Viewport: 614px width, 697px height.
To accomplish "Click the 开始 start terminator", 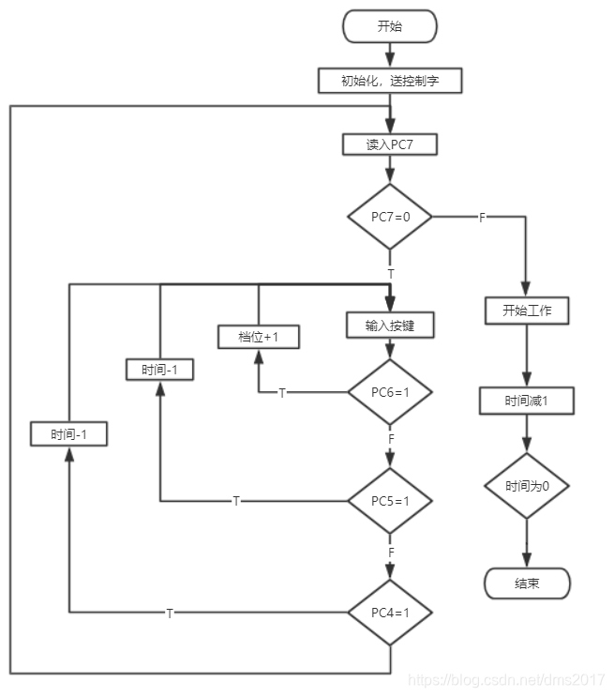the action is point(390,26).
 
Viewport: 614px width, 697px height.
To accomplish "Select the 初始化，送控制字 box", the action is point(390,81).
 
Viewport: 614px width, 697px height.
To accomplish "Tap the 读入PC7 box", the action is point(390,144).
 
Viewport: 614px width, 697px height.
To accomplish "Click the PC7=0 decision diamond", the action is point(390,217).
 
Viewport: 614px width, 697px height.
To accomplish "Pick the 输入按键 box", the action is point(390,325).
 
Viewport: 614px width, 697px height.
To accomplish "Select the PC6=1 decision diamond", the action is point(390,392).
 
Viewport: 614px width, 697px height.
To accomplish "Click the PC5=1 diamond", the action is point(390,501).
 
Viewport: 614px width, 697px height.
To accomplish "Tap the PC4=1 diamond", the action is point(390,613).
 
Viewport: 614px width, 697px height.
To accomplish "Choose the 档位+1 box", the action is point(258,337).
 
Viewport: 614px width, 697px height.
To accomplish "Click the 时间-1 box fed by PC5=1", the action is point(159,370).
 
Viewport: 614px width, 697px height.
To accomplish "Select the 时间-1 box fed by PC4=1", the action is point(68,433).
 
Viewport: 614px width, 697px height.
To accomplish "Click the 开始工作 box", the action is point(527,311).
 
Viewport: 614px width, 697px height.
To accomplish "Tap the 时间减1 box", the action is point(527,401).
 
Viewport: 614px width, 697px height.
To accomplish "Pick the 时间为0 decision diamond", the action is point(527,486).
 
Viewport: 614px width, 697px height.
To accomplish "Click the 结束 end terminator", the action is point(527,583).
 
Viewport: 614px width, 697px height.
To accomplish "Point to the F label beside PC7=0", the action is point(482,218).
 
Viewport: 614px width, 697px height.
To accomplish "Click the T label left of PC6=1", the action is point(281,393).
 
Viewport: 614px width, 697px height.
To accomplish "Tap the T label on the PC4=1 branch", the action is point(170,614).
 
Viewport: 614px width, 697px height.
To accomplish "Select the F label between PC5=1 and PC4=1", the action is point(391,553).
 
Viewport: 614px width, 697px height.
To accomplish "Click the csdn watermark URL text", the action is point(506,680).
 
